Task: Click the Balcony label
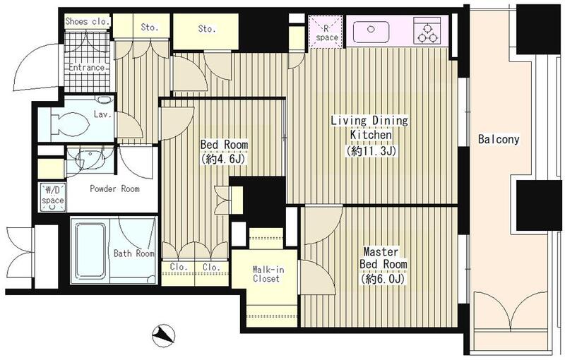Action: [x=499, y=139]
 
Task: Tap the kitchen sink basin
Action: [x=371, y=31]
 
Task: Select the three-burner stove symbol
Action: [x=427, y=31]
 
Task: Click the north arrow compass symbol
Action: [x=163, y=335]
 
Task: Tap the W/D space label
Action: [x=52, y=196]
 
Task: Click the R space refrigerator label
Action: [x=326, y=33]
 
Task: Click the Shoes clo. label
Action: [x=87, y=21]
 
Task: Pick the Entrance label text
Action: [x=87, y=67]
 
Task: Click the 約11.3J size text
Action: [x=371, y=151]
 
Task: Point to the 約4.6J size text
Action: [x=224, y=159]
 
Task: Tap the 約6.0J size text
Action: [x=383, y=279]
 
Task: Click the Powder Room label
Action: [x=114, y=188]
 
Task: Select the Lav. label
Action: [x=102, y=115]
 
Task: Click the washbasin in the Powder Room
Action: [x=90, y=158]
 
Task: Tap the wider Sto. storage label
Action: [x=207, y=28]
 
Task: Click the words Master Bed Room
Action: [x=383, y=258]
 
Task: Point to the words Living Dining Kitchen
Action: [x=369, y=128]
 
